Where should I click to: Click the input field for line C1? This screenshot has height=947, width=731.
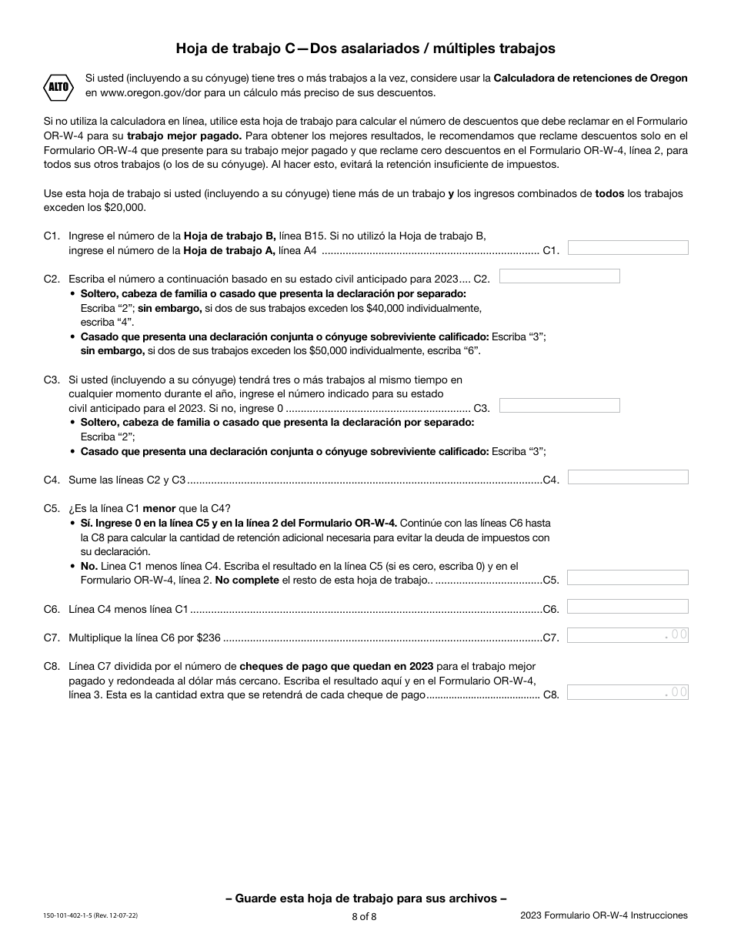[628, 248]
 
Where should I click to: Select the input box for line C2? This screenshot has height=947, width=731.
[559, 276]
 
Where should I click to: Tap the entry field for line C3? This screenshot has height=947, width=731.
[559, 406]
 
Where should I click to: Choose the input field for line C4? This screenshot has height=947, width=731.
[628, 477]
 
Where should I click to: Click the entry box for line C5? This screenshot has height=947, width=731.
[628, 578]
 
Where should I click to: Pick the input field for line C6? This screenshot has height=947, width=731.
[628, 607]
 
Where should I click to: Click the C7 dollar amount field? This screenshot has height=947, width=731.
[628, 635]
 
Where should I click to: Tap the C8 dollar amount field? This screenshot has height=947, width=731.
[628, 692]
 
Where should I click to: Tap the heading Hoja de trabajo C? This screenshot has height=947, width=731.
[365, 49]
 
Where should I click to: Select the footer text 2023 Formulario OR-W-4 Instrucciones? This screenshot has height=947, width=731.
[603, 915]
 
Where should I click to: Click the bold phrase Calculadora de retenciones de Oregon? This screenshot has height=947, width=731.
[590, 79]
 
